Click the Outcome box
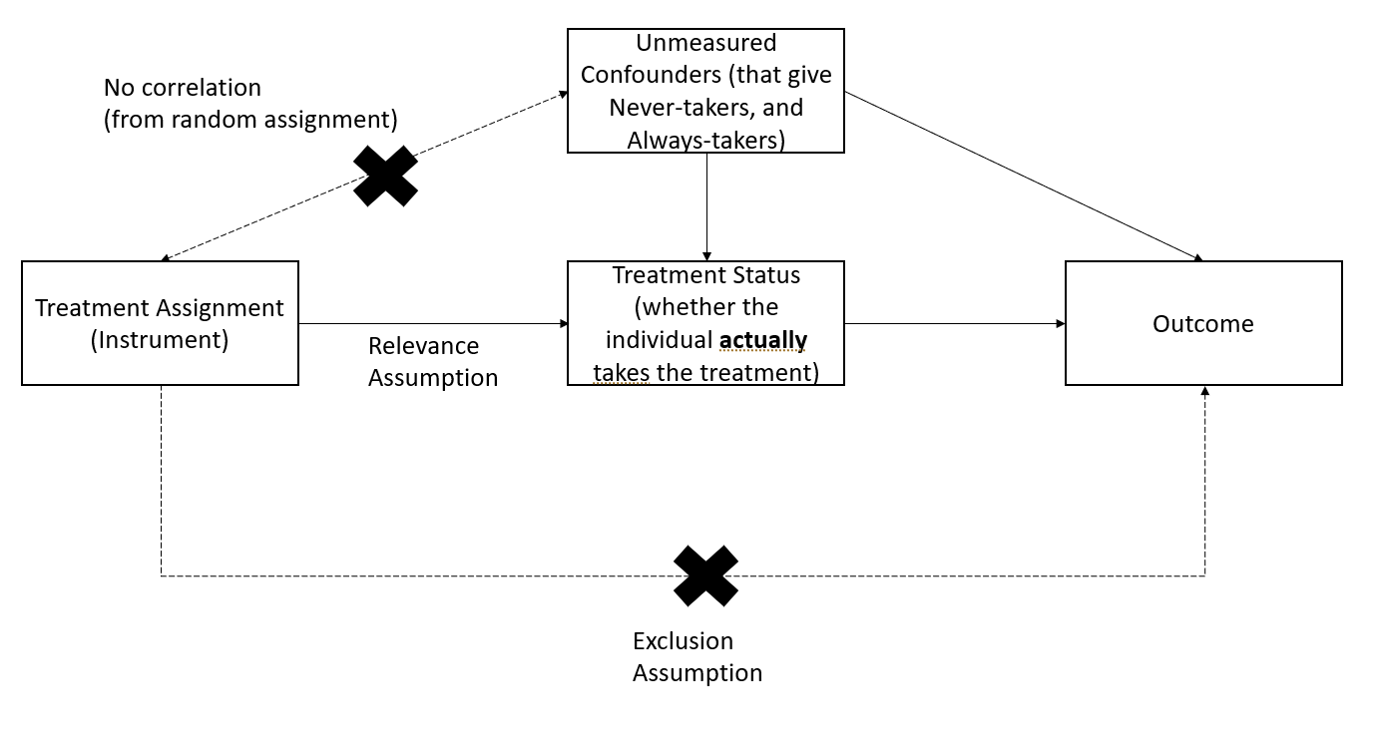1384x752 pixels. tap(1202, 323)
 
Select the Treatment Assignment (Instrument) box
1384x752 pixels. tap(160, 323)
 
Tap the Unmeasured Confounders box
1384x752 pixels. tap(705, 91)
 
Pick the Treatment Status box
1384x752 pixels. tap(705, 323)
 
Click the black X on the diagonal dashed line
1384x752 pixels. tap(385, 176)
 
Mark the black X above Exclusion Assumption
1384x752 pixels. tap(705, 575)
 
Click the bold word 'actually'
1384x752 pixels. tap(762, 340)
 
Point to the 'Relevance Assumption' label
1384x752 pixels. tap(432, 361)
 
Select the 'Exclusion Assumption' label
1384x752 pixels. tap(696, 656)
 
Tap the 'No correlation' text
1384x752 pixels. tap(182, 88)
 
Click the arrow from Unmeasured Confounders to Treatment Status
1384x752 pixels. tap(706, 206)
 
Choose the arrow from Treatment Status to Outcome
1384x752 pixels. tap(954, 323)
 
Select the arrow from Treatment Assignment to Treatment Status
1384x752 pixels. tap(432, 323)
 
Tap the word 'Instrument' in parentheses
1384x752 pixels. tap(160, 340)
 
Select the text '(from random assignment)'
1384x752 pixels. tap(250, 120)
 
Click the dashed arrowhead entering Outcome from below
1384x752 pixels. tap(1205, 392)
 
